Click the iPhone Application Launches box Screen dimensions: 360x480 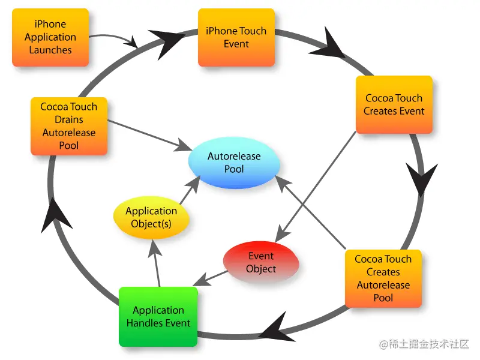(50, 37)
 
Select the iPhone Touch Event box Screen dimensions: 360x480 (236, 37)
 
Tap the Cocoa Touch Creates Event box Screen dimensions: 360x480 (394, 104)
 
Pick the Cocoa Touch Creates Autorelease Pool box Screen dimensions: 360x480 (383, 278)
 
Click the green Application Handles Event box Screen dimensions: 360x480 (158, 317)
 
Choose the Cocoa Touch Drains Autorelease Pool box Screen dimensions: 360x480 (69, 126)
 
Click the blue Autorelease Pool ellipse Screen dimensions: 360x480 (234, 163)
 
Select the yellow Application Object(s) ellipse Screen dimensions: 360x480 (151, 217)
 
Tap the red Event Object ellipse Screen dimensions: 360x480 (261, 263)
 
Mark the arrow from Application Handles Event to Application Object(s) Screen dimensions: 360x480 (156, 264)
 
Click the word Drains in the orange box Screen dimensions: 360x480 (69, 119)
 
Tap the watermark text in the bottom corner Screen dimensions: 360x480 (424, 344)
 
